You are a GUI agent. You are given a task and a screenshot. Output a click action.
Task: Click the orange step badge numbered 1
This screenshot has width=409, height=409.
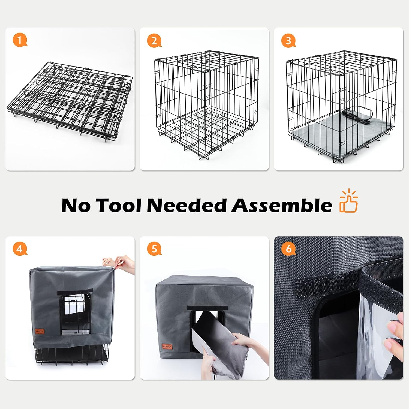pyautogui.click(x=20, y=40)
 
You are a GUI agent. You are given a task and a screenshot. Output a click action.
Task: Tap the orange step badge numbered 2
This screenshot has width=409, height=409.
pyautogui.click(x=154, y=41)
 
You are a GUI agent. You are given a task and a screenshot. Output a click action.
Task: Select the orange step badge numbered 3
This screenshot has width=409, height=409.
pyautogui.click(x=288, y=41)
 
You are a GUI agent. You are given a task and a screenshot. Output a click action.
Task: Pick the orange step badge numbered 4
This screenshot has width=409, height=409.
pyautogui.click(x=20, y=249)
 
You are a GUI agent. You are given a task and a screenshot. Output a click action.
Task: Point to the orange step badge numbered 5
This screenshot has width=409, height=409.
pyautogui.click(x=154, y=249)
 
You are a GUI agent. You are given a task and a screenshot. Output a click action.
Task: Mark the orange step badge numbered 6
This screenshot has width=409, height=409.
pyautogui.click(x=288, y=249)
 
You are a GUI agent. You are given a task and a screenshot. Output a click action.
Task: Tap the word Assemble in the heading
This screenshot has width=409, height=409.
pyautogui.click(x=281, y=205)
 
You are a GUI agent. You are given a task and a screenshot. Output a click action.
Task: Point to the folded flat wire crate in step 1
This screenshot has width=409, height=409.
pyautogui.click(x=70, y=101)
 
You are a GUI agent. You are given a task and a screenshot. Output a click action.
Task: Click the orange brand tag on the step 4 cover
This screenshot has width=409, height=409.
pyautogui.click(x=40, y=331)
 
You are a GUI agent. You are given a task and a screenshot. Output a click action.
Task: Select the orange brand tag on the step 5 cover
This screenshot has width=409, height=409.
pyautogui.click(x=167, y=347)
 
